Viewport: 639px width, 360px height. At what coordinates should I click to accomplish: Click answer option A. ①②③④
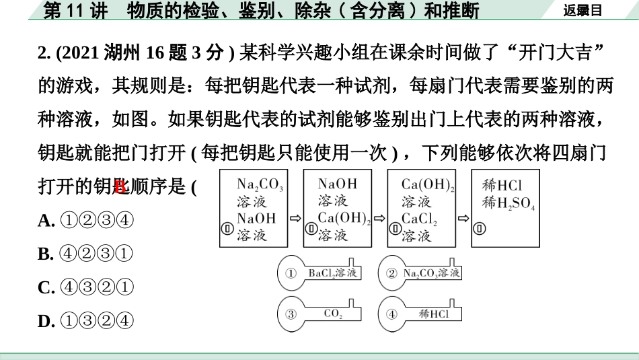86,221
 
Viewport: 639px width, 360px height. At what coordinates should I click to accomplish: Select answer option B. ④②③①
86,254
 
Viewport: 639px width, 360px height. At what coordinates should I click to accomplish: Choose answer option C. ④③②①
86,288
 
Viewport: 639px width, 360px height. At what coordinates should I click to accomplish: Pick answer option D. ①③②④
86,322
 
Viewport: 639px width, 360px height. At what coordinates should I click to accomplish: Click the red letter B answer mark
120,187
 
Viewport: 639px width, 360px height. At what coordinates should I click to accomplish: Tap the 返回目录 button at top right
582,10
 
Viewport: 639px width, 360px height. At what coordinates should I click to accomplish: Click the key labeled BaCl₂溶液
319,273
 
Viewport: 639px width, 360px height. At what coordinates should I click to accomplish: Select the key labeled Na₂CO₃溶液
420,273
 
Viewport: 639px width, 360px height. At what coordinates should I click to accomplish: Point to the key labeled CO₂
319,314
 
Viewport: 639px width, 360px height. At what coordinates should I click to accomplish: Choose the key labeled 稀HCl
420,314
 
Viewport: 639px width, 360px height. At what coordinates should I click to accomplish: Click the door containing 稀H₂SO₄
505,209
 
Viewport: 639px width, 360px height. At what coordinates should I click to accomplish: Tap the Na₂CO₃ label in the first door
260,184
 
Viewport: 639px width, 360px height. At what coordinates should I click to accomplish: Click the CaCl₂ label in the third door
420,218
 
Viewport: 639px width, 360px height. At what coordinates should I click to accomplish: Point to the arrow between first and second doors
295,218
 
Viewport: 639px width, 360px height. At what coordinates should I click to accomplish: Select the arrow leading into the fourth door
463,218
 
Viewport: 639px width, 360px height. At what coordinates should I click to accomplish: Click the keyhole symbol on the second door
311,229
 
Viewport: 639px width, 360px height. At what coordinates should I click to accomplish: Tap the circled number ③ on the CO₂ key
291,314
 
